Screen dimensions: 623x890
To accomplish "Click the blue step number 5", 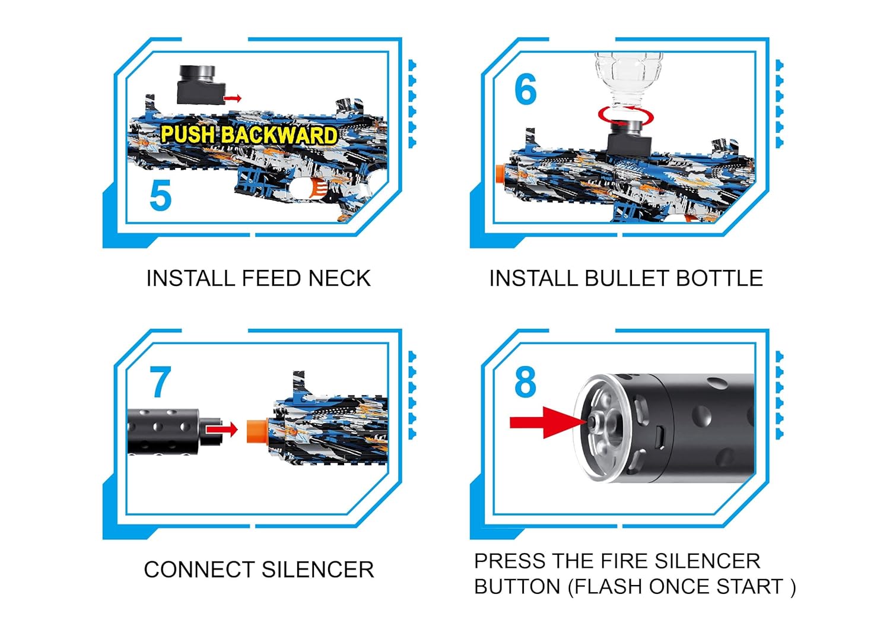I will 160,196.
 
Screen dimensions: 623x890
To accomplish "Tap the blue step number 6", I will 525,90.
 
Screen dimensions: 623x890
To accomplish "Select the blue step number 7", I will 160,383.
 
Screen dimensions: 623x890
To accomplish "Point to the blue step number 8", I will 525,383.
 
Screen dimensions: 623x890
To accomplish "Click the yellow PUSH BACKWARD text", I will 249,135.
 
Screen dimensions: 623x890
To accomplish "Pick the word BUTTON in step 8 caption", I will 517,587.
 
